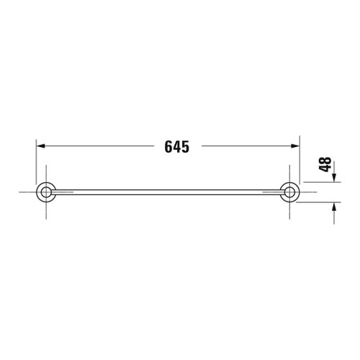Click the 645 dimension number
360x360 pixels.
pos(176,147)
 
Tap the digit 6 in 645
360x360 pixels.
pos(168,147)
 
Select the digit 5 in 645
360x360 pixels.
pos(185,147)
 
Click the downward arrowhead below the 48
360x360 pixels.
pos(334,179)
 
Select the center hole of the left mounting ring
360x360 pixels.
pos(47,192)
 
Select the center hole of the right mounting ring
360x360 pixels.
pos(292,192)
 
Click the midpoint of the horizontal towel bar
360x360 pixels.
pos(169,192)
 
